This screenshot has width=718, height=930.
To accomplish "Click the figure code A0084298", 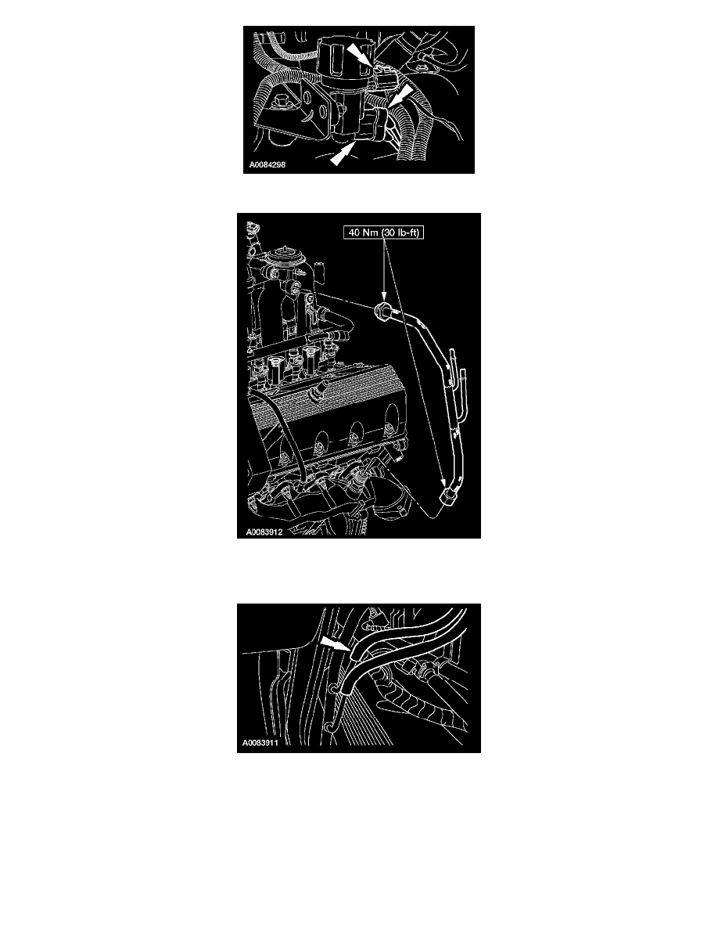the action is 267,165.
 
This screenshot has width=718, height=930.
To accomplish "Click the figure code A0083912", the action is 264,532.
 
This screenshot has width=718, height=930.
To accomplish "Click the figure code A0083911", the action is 260,743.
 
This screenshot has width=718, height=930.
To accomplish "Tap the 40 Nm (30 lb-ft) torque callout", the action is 384,232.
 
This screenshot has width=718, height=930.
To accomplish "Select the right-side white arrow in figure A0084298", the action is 400,96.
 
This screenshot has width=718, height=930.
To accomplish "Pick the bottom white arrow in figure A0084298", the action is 341,153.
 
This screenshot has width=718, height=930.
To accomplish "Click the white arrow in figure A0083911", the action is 335,645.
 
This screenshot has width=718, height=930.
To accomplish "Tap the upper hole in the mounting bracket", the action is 310,99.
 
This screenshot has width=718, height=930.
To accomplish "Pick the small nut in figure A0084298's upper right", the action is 421,70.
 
